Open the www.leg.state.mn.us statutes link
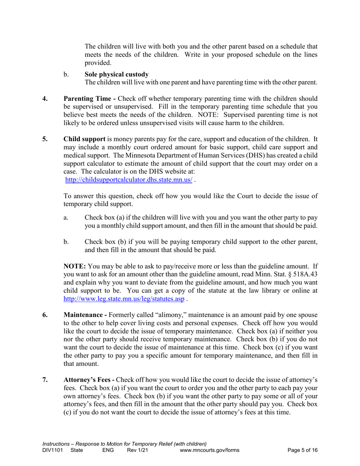click(124, 299)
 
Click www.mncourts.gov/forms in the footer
click(211, 450)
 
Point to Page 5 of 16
click(302, 450)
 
